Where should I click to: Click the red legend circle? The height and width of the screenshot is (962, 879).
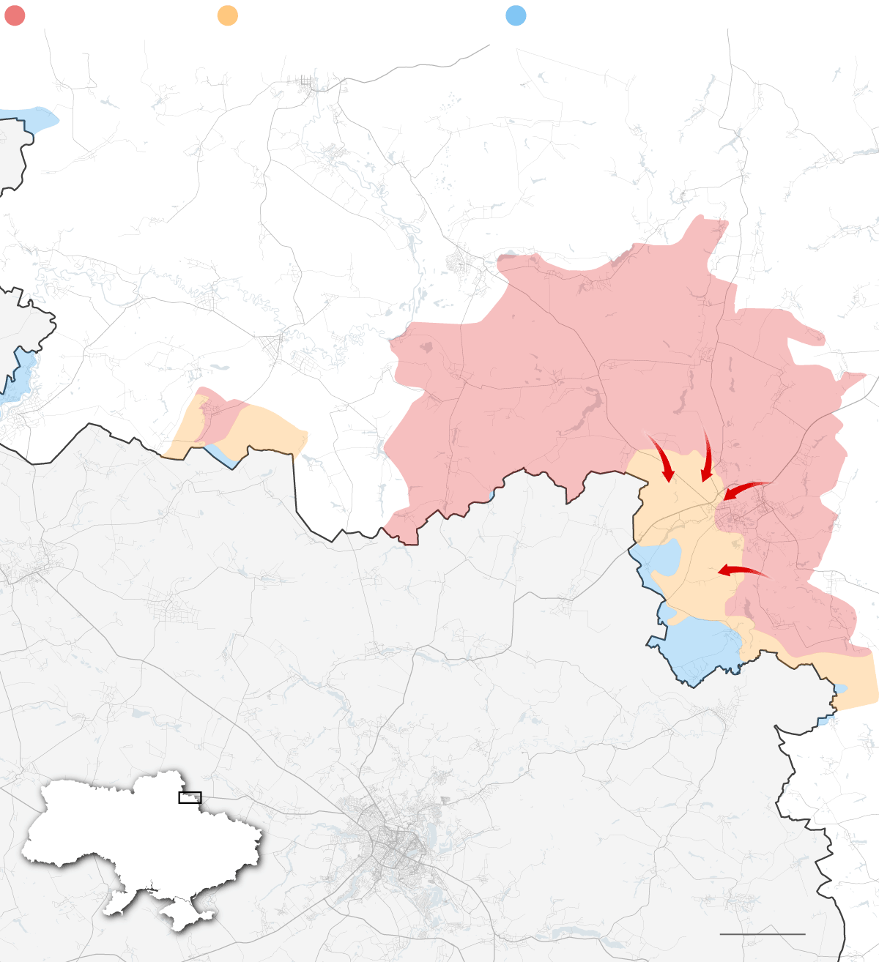tap(15, 15)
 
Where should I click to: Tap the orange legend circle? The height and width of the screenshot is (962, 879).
tap(228, 15)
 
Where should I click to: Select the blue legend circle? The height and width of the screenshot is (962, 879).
tap(516, 15)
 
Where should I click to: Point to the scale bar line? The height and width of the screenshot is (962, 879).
tap(762, 934)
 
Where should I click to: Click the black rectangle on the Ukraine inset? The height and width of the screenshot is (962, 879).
tap(190, 797)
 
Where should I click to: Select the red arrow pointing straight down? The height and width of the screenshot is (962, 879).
tap(706, 458)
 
